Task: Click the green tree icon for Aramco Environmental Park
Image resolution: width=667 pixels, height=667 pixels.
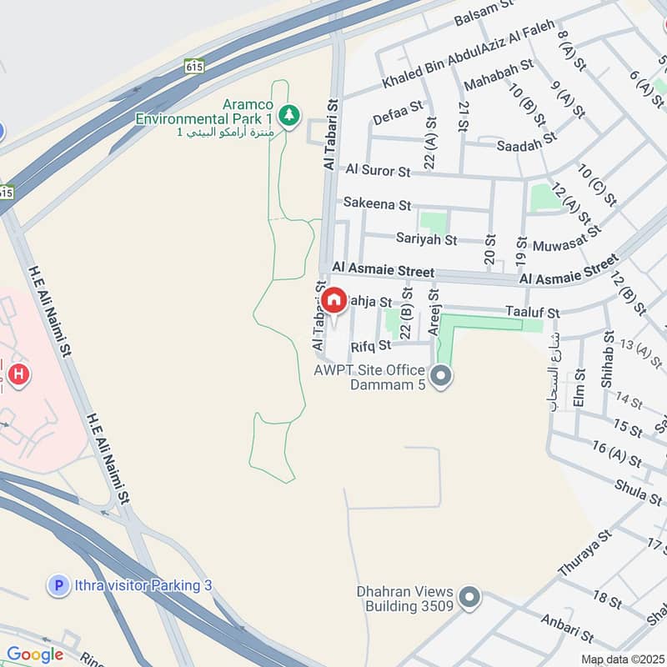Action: click(288, 116)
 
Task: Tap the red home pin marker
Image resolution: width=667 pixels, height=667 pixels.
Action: click(334, 301)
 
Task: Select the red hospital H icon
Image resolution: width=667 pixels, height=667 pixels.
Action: click(18, 376)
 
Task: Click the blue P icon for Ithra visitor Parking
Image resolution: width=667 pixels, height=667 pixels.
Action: click(58, 586)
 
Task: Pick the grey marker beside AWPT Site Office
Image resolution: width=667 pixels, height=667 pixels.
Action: click(443, 377)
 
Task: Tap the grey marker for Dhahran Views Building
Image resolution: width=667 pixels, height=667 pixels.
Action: click(470, 597)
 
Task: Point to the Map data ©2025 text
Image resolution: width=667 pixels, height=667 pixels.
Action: click(623, 659)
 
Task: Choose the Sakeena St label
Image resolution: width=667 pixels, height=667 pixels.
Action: click(377, 204)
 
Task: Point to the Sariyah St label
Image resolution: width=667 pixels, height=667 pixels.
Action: click(426, 240)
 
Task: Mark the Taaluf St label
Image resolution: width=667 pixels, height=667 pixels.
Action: click(532, 312)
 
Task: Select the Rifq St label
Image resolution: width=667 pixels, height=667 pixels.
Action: click(371, 345)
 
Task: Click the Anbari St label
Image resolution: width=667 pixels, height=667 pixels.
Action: click(567, 629)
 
